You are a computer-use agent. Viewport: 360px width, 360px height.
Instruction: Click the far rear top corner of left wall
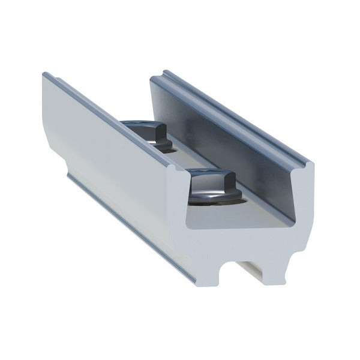(x=45, y=75)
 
